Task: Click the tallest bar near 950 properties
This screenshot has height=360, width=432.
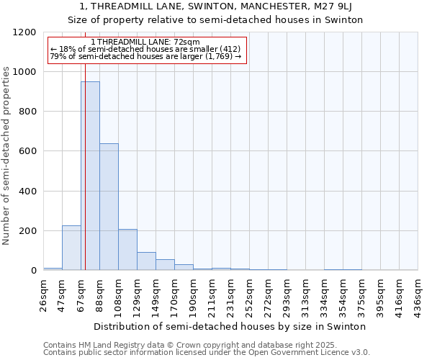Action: point(90,176)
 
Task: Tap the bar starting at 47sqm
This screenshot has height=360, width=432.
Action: point(71,248)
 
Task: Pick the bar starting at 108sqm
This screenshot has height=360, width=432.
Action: point(127,250)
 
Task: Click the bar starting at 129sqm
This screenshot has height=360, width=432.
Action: point(146,261)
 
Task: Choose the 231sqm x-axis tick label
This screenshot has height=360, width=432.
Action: point(231,295)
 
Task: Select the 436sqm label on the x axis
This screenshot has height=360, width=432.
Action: point(418,295)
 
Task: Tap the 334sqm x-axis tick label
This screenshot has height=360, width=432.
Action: point(324,295)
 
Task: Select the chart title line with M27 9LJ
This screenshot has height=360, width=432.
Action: point(216,7)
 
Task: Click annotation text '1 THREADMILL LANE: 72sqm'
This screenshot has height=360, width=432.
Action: point(147,42)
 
